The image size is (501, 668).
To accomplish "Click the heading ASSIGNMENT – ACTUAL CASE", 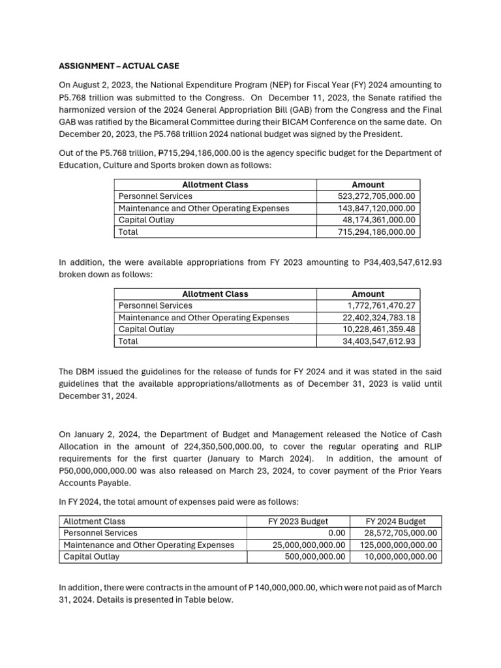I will click(x=119, y=66).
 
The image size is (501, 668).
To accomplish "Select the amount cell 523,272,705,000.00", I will click(x=377, y=196).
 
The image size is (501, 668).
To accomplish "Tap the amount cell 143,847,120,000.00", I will click(x=377, y=208).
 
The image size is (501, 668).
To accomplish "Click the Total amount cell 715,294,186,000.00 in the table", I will click(x=377, y=232).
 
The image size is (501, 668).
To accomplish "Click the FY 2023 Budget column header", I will click(x=298, y=521).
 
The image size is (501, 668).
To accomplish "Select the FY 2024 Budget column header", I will click(x=395, y=521).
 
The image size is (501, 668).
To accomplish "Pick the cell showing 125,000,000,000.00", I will click(x=395, y=545).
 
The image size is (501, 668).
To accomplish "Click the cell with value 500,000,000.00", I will click(x=315, y=556).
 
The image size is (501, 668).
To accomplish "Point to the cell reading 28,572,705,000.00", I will click(x=400, y=533).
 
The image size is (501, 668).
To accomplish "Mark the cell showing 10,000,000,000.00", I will click(x=400, y=556).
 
